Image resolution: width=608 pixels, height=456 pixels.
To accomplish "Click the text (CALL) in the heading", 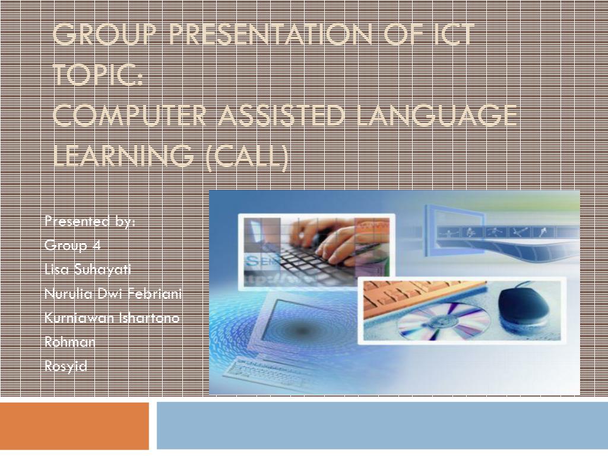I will coord(247,156).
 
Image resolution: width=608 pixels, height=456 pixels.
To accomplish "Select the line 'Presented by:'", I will coord(90,221).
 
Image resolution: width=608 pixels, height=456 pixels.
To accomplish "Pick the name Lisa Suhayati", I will coord(87,270).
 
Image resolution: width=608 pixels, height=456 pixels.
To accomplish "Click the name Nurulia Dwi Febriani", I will coord(113,294).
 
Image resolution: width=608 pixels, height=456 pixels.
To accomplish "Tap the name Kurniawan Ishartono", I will coord(112,318).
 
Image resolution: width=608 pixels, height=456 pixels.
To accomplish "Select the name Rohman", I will coord(69,343).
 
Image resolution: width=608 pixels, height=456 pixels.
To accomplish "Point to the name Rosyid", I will coord(65,366).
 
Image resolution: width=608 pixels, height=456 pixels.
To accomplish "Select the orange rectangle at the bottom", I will coord(74,426).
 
